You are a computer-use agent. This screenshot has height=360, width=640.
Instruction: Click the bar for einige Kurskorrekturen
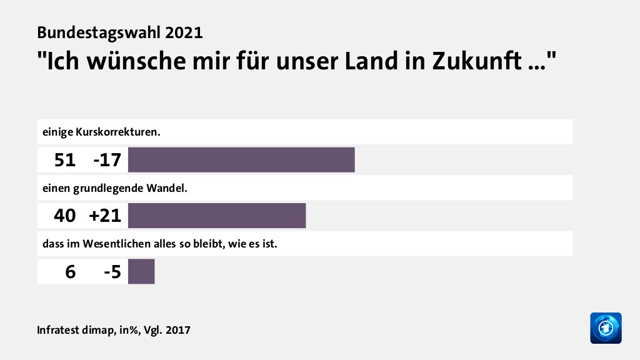[x=241, y=160]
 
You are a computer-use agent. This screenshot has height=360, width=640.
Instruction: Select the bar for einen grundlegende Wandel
[x=217, y=216]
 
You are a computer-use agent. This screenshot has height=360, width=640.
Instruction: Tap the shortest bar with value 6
[x=141, y=272]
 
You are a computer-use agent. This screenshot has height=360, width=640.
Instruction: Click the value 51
[x=64, y=161]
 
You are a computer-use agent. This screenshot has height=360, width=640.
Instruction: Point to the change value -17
[x=106, y=161]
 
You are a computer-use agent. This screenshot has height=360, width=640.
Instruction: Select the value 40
[x=64, y=216]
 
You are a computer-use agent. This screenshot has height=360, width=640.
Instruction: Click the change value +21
[x=104, y=216]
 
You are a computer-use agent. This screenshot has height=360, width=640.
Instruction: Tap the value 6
[x=70, y=272]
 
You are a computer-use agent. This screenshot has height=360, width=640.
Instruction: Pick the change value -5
[x=112, y=272]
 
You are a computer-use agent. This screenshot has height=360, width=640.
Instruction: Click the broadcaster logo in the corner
[x=606, y=327]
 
